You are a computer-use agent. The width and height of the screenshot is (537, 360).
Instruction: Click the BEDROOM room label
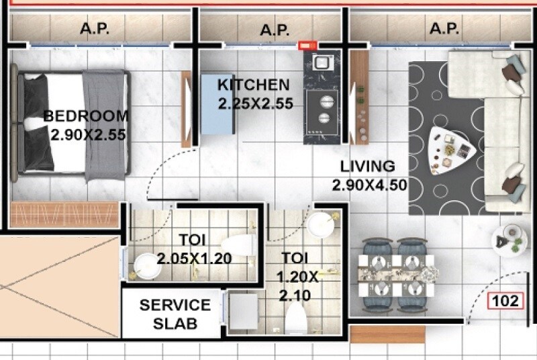(86, 116)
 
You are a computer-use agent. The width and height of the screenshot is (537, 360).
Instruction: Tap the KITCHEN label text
(254, 85)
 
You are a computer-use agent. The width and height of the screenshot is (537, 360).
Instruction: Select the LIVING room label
(367, 166)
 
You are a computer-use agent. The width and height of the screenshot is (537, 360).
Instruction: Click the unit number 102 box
(505, 300)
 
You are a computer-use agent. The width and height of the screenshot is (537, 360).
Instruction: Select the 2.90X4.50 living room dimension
(370, 185)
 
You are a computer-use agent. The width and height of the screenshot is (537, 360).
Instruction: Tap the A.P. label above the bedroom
(95, 29)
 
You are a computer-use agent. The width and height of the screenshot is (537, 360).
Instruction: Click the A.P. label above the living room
(444, 29)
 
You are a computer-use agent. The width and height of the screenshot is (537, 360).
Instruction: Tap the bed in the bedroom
(74, 124)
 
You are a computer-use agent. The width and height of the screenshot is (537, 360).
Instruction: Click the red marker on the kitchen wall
(307, 46)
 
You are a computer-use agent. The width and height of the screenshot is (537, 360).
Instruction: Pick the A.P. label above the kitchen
(274, 29)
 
